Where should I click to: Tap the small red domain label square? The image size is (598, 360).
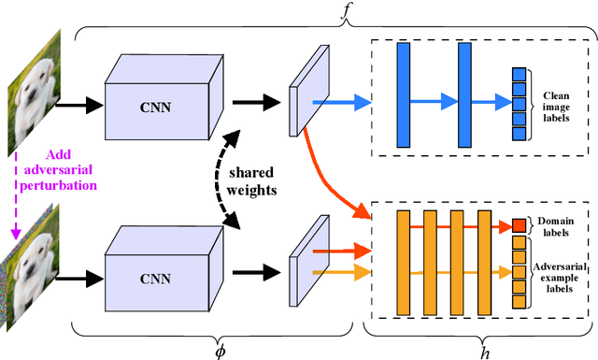(x=520, y=224)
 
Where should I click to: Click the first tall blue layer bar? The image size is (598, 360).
(x=404, y=94)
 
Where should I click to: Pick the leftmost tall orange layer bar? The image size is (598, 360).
(x=404, y=263)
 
